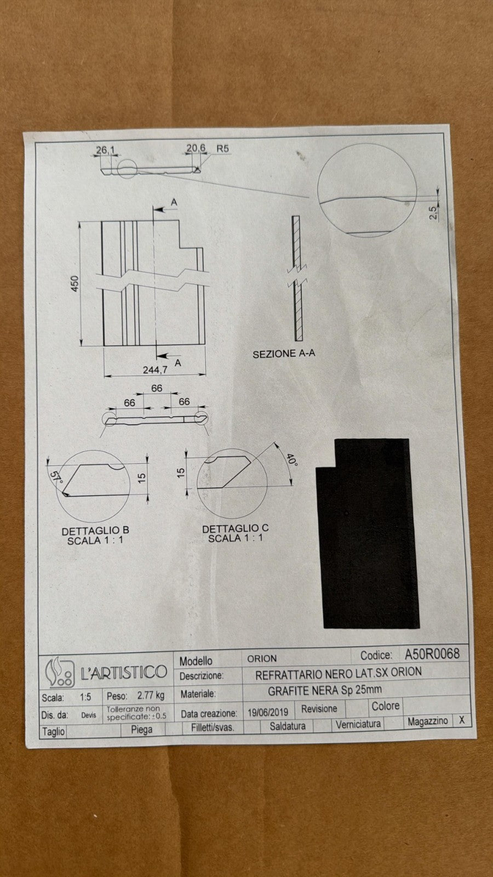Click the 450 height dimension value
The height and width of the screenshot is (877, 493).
74,283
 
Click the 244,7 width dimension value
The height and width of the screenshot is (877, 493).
155,369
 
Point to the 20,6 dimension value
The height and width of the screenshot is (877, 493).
196,148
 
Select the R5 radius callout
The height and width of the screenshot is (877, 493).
222,149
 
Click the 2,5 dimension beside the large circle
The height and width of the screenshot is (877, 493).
433,213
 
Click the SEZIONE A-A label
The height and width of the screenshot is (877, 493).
284,354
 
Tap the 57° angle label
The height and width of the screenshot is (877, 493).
56,477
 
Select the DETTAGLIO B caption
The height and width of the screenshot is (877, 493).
95,531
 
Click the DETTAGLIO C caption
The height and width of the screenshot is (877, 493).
235,528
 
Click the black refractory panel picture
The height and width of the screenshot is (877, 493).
368,534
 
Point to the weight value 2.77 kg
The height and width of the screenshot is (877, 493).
151,696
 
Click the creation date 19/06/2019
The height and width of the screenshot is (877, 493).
268,712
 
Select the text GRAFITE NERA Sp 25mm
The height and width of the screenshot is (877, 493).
325,691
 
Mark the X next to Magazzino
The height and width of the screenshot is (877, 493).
462,720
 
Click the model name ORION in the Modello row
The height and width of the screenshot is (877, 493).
262,658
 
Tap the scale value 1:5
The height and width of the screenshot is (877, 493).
85,697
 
